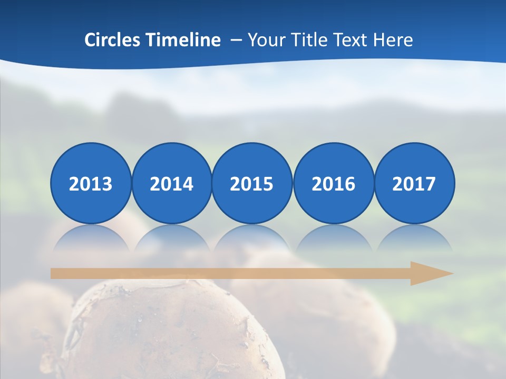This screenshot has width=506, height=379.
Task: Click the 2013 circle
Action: (x=91, y=183)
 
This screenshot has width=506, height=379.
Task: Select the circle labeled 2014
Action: (x=171, y=183)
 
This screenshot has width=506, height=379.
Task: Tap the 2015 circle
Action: (x=252, y=183)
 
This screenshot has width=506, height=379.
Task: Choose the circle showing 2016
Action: (x=333, y=183)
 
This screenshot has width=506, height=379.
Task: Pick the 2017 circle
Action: (x=414, y=183)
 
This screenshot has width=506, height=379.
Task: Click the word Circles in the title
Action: (x=113, y=40)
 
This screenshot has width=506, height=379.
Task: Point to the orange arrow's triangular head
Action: (x=430, y=273)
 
